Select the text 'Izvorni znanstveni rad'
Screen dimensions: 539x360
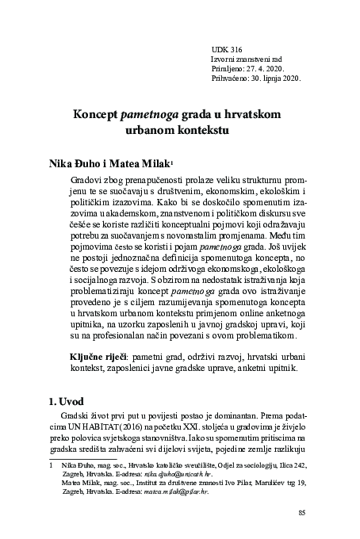click(246, 59)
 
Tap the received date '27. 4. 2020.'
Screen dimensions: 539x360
click(268, 70)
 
